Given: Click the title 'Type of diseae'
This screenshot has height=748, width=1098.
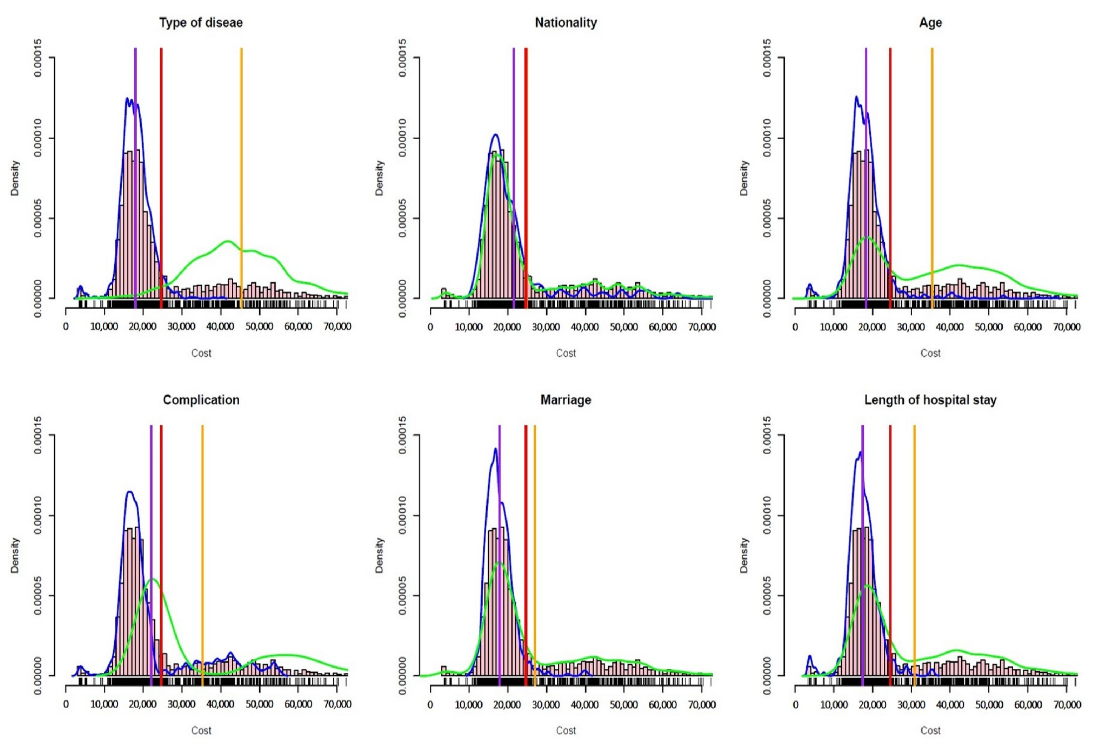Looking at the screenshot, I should point(201,23).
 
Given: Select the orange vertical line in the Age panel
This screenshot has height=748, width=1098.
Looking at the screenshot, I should point(932,142).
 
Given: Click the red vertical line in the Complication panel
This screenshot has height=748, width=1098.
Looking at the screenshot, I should point(161,520).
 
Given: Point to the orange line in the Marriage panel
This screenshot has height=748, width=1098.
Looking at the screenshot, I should point(534,520).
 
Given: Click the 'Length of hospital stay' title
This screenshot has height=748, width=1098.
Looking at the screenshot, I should point(930,400).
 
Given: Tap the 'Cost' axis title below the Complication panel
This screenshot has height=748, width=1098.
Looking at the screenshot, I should point(201,730).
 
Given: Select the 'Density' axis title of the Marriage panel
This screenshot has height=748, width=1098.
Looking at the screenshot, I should point(379,555).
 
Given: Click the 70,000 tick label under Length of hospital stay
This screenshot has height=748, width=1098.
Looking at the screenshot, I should point(1066,704).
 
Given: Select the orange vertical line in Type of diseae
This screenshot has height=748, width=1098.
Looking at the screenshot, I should point(241,142).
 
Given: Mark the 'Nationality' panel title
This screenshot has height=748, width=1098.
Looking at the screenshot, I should point(565,23).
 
